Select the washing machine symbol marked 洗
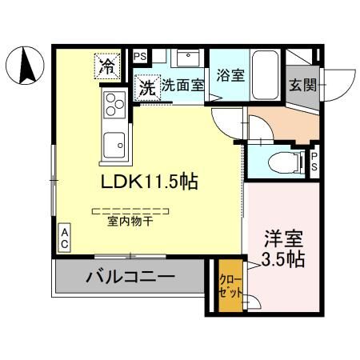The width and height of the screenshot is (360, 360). (x=146, y=86)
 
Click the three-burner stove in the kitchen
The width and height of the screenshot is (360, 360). (x=113, y=104)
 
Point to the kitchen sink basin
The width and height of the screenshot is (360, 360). (x=114, y=145)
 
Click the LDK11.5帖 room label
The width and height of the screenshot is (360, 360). (x=149, y=181)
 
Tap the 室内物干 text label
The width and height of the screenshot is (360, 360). (x=130, y=222)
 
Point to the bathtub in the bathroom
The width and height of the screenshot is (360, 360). (x=265, y=74)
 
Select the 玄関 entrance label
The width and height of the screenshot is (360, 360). (x=302, y=85)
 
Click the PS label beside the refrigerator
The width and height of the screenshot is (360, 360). (x=140, y=57)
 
